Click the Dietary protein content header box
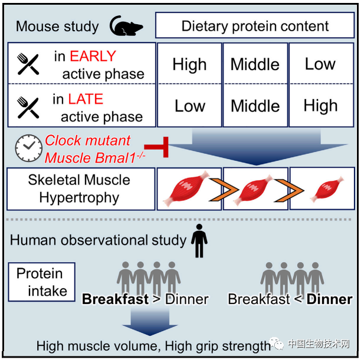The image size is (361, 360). coord(255,26)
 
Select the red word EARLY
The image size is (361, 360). coord(93,57)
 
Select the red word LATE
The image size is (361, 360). coord(86,99)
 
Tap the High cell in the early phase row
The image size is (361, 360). coord(190,64)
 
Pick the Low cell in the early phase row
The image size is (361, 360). coord(320,64)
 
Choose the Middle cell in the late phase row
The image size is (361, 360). coord(255,106)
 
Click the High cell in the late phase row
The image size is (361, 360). coord(320,106)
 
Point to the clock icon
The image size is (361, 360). coord(28,150)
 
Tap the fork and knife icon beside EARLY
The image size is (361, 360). coord(27,64)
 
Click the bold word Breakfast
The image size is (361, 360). coord(115,299)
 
